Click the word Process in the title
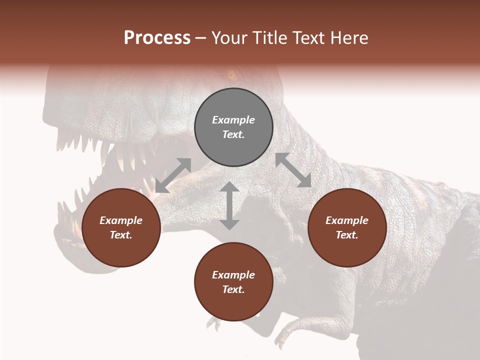(157, 38)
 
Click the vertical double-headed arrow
(229, 206)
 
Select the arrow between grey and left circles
(173, 175)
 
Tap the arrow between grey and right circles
(293, 170)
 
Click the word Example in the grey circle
(233, 120)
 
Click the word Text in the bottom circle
(233, 289)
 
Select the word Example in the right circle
(347, 220)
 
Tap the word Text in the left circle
(120, 235)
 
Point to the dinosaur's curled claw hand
(290, 330)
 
